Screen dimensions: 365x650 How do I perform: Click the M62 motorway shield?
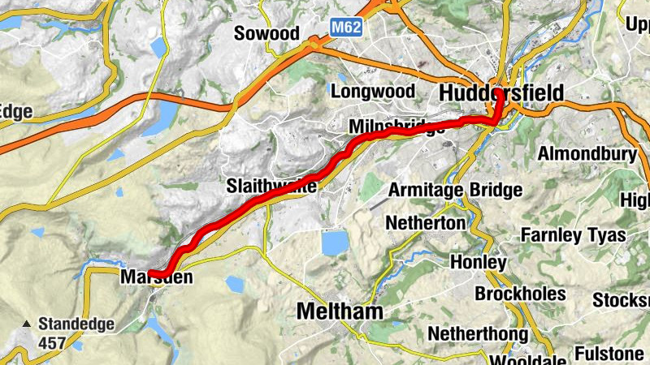[x=346, y=28]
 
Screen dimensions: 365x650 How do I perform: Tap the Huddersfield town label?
[x=500, y=93]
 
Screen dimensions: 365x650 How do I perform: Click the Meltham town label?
[x=340, y=311]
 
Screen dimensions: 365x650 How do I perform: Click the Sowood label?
[x=266, y=33]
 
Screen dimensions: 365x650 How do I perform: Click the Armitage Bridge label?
[x=455, y=190]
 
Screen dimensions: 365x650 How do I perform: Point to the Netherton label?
[x=426, y=222]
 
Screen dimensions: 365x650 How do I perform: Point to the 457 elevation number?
[x=52, y=343]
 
